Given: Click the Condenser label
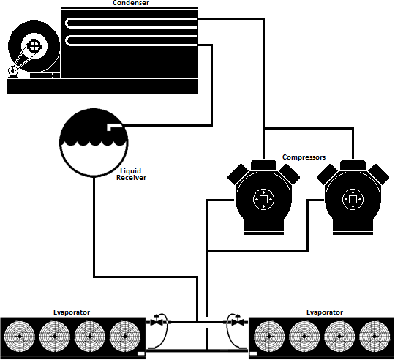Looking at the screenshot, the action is coord(131,3).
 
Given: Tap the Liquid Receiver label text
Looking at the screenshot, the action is coord(131,174).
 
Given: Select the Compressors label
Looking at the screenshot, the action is coord(304,157).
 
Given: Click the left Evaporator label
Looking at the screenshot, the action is coord(72,312).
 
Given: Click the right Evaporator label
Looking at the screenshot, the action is coord(325,312).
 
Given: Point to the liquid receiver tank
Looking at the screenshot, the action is coord(94,142).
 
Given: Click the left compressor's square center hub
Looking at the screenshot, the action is coord(263,199).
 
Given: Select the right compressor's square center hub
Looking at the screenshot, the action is coord(353,199).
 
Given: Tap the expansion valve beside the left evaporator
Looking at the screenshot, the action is coord(157,321).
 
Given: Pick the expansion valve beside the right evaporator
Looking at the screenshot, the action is coord(237,321).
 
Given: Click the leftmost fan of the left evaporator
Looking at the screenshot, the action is coord(20,336).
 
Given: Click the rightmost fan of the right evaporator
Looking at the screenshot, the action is coord(374,336).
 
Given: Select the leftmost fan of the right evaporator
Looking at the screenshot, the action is coord(269,336).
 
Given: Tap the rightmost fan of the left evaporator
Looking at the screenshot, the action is coord(124,336).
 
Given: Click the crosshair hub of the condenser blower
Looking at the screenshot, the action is coord(34,46).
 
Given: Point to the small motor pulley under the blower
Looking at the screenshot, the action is coord(12,70).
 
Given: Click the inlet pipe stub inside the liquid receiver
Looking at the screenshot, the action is coord(115,127).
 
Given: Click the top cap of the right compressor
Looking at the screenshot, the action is coord(353,165).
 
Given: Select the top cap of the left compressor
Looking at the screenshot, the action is coord(263,165).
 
